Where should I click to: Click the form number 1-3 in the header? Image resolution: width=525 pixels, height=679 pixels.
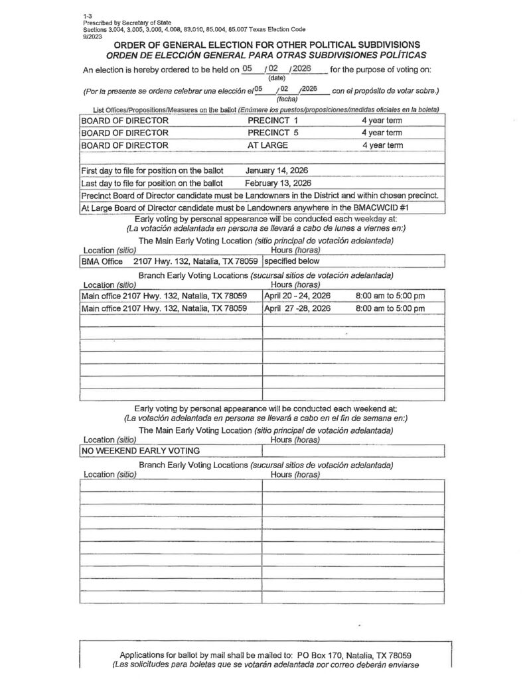(88, 15)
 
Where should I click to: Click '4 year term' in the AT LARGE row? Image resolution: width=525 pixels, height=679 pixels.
(382, 145)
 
